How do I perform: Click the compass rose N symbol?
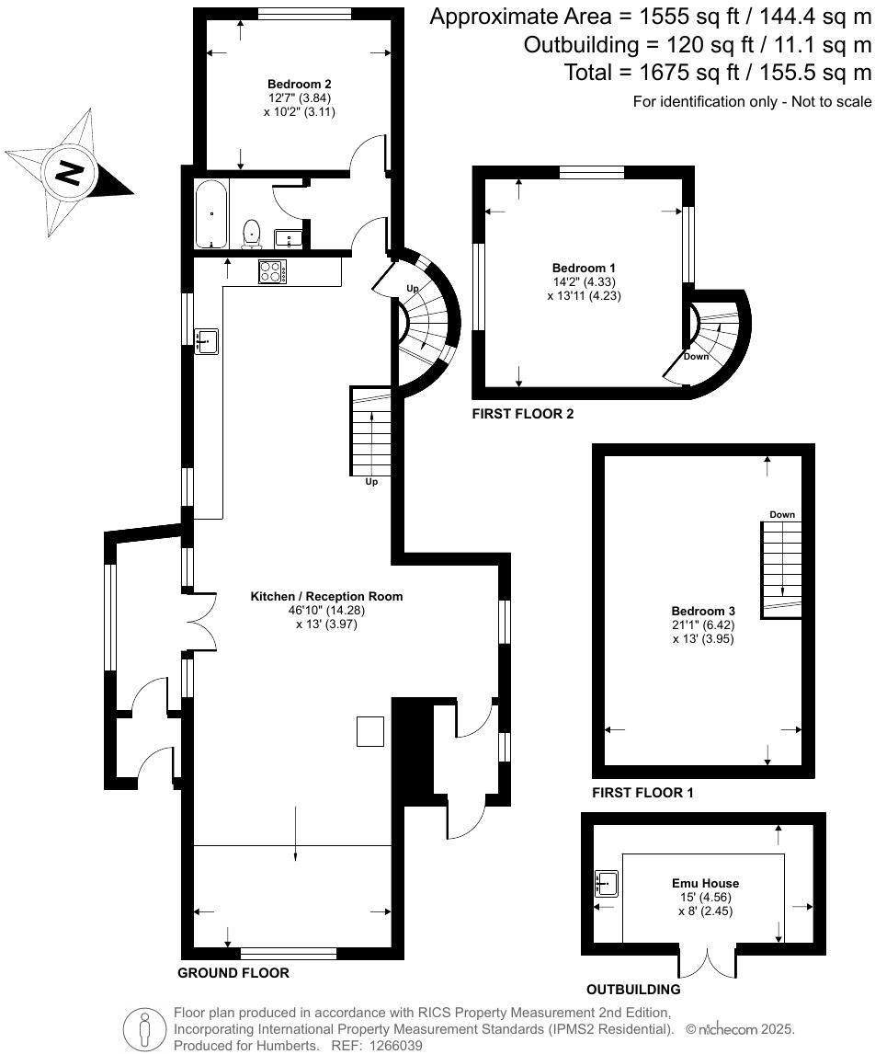point(68,172)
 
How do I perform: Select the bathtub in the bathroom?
point(211,214)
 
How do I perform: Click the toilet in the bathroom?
point(250,234)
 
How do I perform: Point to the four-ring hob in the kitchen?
point(273,271)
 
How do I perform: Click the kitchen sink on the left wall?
point(207,341)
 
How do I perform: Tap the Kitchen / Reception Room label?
point(326,596)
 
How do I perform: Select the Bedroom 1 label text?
point(577,269)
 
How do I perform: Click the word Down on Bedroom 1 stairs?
point(696,356)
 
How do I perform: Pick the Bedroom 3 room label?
point(703,611)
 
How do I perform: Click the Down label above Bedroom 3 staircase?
point(782,515)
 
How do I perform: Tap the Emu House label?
point(705,883)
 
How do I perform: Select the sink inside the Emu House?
point(608,883)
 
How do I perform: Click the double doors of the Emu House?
point(708,961)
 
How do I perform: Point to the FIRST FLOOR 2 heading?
point(522,415)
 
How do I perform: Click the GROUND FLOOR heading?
point(233,973)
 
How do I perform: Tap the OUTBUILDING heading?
point(633,990)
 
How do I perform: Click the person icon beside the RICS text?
point(143,1026)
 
